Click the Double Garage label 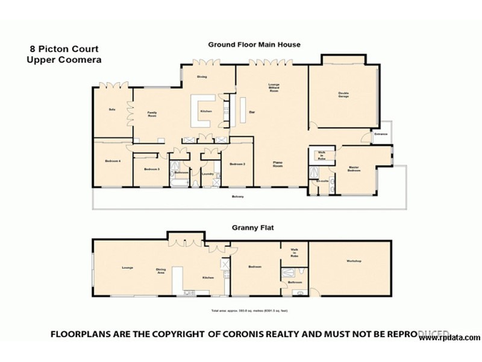point(343,95)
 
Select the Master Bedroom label point(354,169)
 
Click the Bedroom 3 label point(151,170)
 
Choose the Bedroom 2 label point(237,164)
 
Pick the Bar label point(251,112)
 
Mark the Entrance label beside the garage point(381,134)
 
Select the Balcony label point(240,197)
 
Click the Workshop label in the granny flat point(354,261)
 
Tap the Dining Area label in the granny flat point(161,271)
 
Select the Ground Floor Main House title point(254,45)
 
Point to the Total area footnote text point(249,310)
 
